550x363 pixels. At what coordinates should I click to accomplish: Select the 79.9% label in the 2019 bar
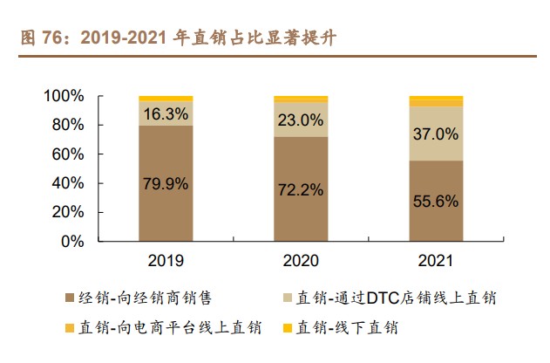166,184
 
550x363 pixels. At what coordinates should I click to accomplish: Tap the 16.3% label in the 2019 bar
166,113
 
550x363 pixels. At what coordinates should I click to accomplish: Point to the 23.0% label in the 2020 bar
301,120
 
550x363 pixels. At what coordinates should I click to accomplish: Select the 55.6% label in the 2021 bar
436,202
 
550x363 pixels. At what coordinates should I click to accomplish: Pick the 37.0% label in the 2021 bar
436,134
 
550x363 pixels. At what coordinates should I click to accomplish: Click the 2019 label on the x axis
166,260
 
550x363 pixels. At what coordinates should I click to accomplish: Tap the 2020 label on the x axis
301,260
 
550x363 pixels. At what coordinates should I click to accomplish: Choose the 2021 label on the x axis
436,260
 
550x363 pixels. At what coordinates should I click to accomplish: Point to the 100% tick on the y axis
64,96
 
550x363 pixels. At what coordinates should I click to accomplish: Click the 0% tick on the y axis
71,243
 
